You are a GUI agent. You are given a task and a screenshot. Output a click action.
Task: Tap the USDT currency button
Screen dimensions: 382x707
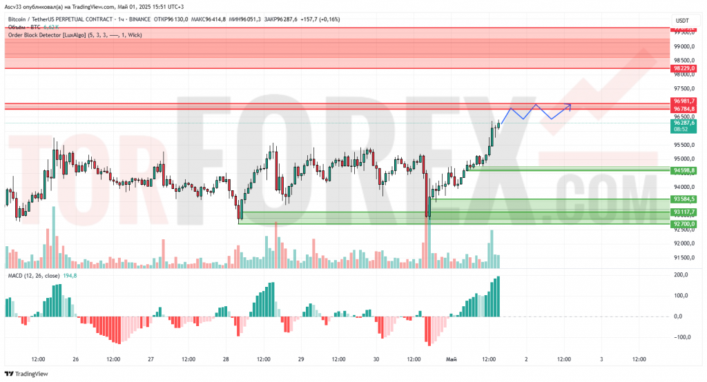pyautogui.click(x=682, y=21)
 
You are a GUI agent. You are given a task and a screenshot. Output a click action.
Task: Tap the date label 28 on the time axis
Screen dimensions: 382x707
pyautogui.click(x=225, y=359)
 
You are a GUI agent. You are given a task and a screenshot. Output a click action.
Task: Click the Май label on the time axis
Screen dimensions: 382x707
pyautogui.click(x=451, y=359)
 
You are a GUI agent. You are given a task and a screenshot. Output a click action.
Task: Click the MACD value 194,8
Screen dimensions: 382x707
pyautogui.click(x=70, y=276)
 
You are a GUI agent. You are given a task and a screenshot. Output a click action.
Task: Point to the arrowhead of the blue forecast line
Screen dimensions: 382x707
pyautogui.click(x=570, y=105)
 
